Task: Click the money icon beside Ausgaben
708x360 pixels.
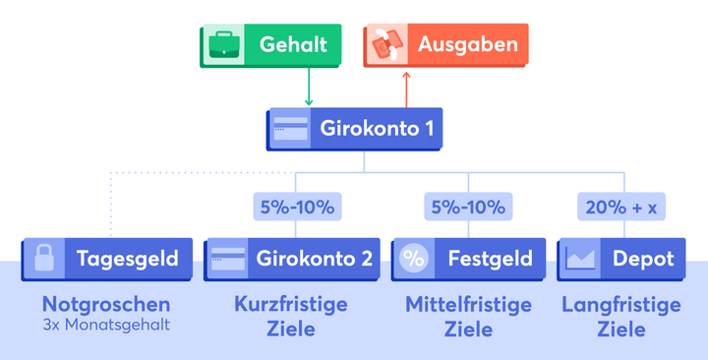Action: click(384, 45)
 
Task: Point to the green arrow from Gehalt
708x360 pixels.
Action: click(309, 87)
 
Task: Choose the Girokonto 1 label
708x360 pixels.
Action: click(376, 128)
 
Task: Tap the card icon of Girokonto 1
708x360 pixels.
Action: click(289, 128)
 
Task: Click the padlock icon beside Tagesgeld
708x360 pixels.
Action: click(43, 259)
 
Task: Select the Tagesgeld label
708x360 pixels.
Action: click(128, 259)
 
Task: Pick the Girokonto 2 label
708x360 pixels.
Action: click(315, 259)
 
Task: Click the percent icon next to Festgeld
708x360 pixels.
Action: click(414, 259)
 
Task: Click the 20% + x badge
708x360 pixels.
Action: click(621, 207)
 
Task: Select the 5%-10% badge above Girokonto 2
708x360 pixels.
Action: click(296, 207)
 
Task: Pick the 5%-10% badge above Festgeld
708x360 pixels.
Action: click(468, 207)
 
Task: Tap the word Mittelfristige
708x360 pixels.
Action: click(468, 305)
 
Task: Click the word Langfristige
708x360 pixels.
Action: click(621, 305)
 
